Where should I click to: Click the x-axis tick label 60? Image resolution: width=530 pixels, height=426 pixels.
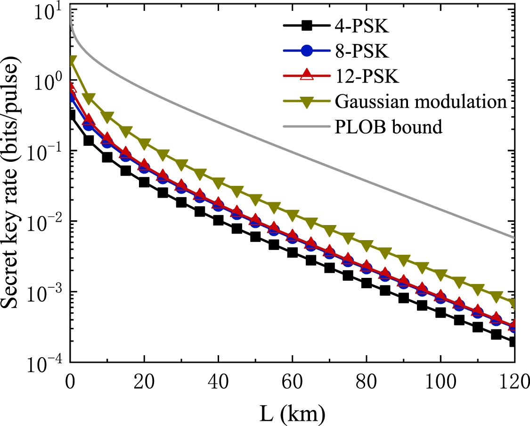click(292, 381)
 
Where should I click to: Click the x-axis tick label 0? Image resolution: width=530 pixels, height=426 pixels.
click(70, 381)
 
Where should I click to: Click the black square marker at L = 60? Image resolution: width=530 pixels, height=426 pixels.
click(292, 253)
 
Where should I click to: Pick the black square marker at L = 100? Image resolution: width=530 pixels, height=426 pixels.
click(440, 312)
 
